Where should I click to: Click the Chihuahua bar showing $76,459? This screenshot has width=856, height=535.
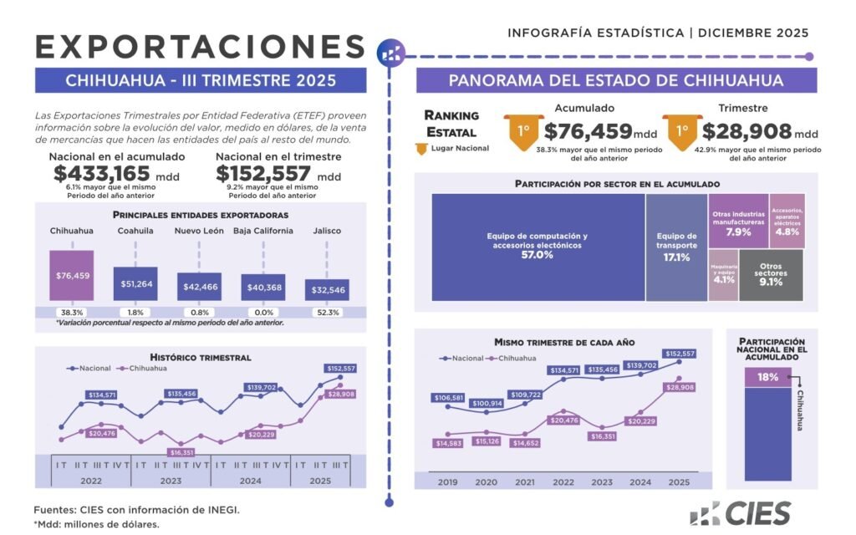point(72,275)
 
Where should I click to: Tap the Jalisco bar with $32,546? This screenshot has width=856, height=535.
point(327,289)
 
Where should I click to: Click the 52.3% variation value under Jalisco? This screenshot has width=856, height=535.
point(328,313)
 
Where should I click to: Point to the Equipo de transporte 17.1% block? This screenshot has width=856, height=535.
point(676,247)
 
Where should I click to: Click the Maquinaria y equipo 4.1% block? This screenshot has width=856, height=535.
point(724,275)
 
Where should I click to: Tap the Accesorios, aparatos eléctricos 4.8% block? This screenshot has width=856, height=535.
point(787,222)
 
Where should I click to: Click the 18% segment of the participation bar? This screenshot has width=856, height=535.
point(767,377)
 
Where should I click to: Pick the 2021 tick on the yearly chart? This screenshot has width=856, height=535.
point(524,482)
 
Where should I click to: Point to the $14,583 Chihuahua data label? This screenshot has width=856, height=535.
point(451,442)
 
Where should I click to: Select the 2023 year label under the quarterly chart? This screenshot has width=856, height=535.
point(171,481)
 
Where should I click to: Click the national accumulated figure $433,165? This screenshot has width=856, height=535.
point(102,174)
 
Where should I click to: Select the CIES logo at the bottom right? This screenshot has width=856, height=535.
point(740,512)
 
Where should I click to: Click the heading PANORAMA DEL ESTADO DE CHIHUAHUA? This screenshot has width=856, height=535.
point(616,81)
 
